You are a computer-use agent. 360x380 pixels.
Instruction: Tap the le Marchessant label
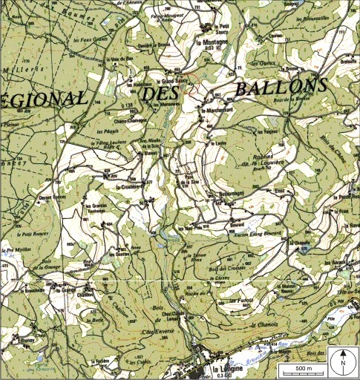217,111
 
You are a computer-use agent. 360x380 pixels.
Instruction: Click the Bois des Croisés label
226,268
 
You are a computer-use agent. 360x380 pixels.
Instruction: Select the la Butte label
96,320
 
